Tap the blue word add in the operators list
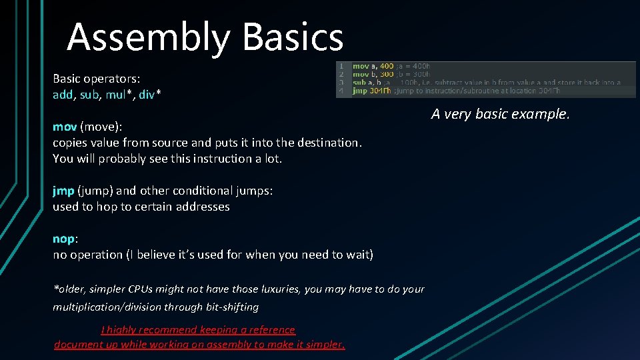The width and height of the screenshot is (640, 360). tap(63, 95)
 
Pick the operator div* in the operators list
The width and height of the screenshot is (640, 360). tap(149, 95)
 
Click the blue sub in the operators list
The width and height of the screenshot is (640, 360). tap(89, 95)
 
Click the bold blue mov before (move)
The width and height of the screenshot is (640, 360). tap(65, 127)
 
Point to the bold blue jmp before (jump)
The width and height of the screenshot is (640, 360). tap(63, 191)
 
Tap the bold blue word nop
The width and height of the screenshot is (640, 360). tap(64, 239)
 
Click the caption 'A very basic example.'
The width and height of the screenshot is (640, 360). tap(501, 114)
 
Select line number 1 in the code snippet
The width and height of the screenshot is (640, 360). tap(342, 66)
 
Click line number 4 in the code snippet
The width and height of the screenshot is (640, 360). tap(342, 91)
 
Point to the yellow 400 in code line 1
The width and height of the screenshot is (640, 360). tap(387, 66)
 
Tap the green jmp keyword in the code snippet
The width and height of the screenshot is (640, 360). tap(359, 91)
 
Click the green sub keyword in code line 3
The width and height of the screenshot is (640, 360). tap(359, 83)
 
